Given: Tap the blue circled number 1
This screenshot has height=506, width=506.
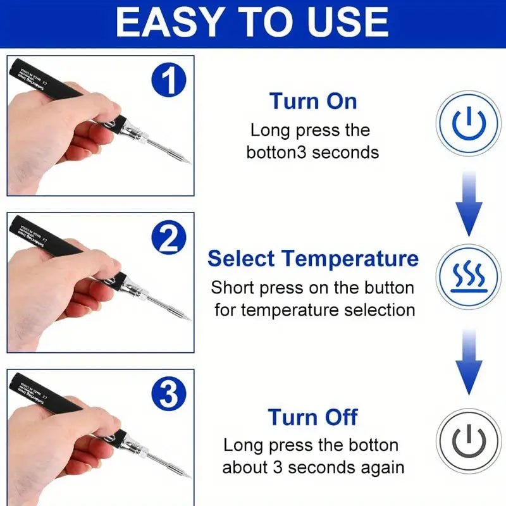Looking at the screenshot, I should (168, 81).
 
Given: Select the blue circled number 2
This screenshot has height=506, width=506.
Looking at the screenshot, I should (168, 239).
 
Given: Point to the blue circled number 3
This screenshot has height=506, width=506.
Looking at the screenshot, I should (168, 397).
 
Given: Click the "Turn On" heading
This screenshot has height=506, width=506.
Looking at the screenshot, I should (313, 101).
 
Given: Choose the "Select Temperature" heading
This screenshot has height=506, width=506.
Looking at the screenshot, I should (313, 259).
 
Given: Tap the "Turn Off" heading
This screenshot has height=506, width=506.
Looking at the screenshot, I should (313, 417).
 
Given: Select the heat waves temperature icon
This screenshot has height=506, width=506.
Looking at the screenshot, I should (469, 277).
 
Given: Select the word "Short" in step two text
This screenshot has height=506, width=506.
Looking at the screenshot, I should (234, 288).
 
